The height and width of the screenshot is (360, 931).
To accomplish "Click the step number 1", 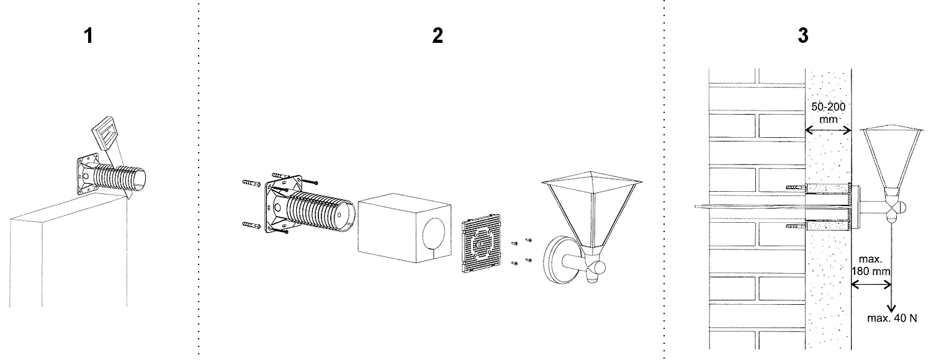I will coord(89,36).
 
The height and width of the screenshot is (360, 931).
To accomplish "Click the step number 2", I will coord(438,36).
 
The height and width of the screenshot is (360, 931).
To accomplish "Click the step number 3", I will coord(803,36).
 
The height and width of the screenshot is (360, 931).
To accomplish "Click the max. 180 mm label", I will coord(873,265).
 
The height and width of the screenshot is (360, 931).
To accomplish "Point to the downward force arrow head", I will coord(891,308).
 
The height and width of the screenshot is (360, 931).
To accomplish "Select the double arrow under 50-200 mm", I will coord(828,130).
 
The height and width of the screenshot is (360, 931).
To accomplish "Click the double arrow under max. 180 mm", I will coord(871,285).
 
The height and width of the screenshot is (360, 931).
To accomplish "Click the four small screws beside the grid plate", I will coord(521,251).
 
